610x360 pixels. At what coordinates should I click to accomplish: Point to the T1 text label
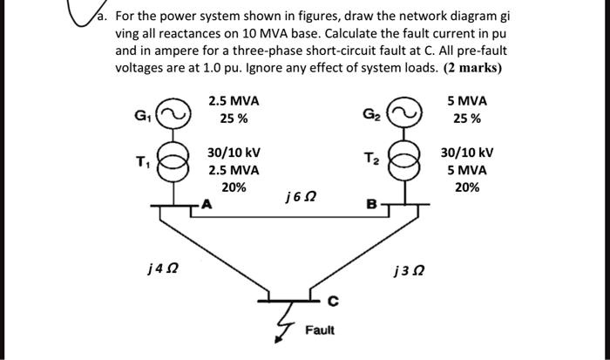(142, 162)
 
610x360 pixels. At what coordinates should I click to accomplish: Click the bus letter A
(207, 207)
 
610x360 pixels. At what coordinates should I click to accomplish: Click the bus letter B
(371, 207)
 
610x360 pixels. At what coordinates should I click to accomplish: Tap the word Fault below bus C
(318, 331)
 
